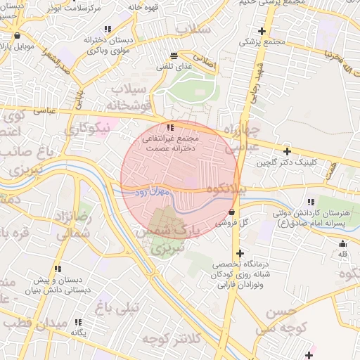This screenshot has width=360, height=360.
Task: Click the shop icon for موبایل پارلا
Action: click(17, 35)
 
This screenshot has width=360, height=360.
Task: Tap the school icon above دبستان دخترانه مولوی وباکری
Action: click(108, 30)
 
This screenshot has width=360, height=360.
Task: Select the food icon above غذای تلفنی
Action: click(174, 55)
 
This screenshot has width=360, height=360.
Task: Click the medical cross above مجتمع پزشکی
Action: click(262, 31)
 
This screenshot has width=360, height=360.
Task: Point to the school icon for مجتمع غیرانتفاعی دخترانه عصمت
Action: click(170, 127)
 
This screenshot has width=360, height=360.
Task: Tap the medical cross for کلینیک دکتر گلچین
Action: click(287, 151)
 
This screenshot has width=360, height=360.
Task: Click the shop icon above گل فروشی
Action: click(231, 211)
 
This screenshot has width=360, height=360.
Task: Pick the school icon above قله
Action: click(344, 243)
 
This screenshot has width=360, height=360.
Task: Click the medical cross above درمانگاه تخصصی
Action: click(240, 253)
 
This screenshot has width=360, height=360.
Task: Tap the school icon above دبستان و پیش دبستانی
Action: click(57, 269)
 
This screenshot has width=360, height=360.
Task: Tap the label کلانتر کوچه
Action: click(172, 339)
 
